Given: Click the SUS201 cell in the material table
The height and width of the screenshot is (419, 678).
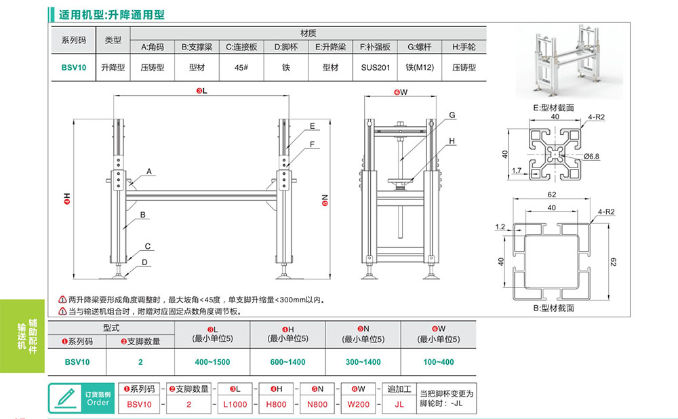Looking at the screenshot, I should [x=375, y=67].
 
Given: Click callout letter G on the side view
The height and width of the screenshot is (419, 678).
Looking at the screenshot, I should [x=451, y=116].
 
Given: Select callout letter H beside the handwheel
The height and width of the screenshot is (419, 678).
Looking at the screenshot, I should [x=451, y=141].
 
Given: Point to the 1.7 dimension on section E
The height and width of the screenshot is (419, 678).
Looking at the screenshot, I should [x=517, y=170].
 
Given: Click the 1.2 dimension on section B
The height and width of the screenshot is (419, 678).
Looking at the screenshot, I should [x=500, y=226].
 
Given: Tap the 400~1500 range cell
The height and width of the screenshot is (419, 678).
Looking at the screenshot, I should [x=212, y=362].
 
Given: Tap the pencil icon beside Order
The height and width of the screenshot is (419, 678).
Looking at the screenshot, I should [x=66, y=397].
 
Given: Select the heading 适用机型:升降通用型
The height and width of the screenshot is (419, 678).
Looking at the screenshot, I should [x=112, y=14].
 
